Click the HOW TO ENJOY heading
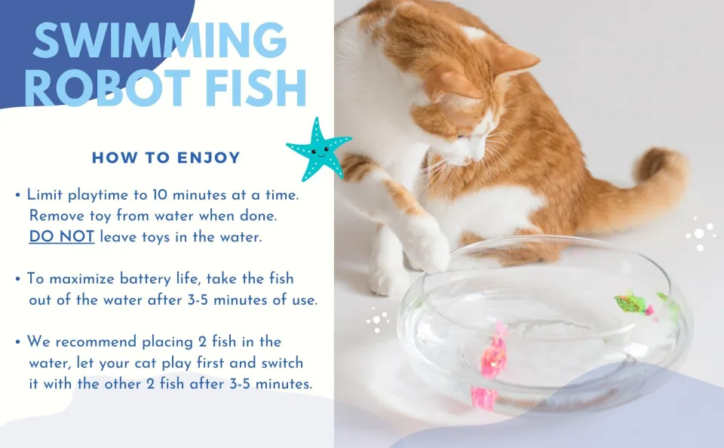click(x=166, y=158)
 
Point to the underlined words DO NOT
click(x=62, y=236)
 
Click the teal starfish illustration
click(x=318, y=149)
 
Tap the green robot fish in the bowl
click(x=633, y=304)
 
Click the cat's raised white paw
click(x=427, y=245)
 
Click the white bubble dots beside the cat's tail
click(x=701, y=234)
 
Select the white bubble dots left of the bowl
click(x=377, y=321)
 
